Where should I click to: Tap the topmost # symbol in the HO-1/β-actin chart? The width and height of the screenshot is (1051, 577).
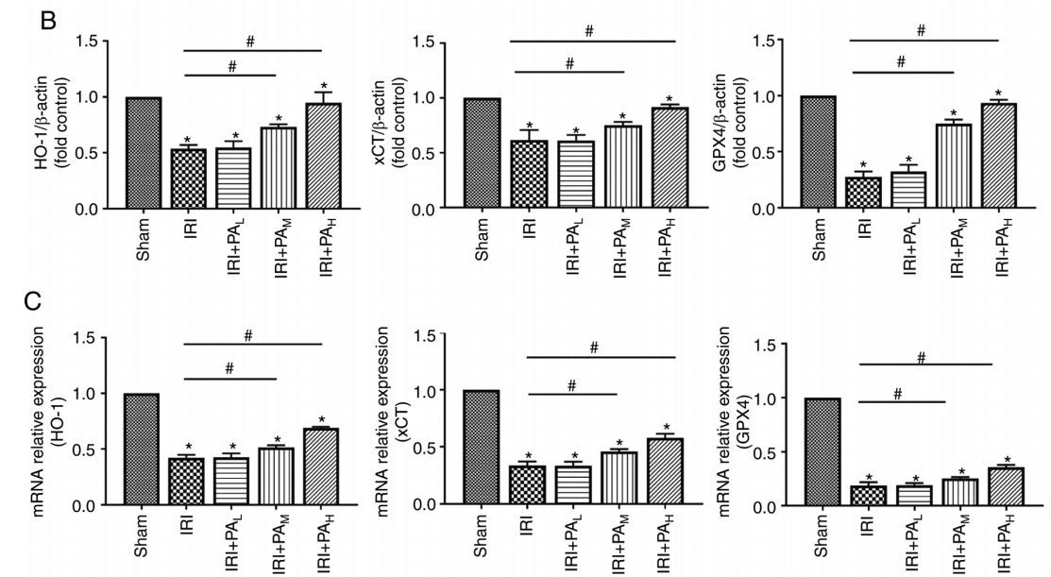click(251, 42)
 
